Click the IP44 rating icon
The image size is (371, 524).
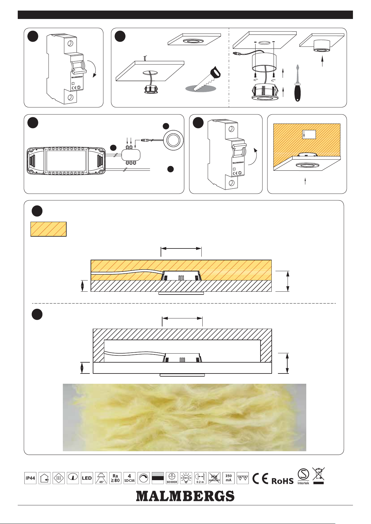coord(30,478)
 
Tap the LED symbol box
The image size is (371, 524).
coord(87,478)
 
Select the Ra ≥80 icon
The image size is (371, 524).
coord(115,478)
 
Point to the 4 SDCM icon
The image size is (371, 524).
coord(129,478)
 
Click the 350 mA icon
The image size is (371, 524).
coord(228,478)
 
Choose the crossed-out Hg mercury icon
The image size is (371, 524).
coord(214,478)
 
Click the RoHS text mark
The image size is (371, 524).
coord(282,481)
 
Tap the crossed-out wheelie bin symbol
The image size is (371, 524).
coord(318,476)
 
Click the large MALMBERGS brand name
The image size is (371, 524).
coord(185,496)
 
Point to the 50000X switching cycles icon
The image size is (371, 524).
coord(172,478)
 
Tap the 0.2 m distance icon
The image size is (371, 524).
coord(200,478)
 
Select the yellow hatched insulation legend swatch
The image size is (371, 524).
coord(49,229)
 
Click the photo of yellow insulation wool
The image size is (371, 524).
coord(184,417)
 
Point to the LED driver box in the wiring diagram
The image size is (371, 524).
coord(66,160)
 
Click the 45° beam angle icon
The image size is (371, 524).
coord(101,478)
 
